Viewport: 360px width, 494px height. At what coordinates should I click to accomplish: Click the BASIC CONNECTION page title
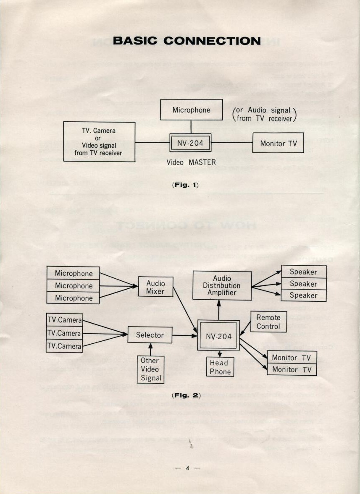tap(187, 41)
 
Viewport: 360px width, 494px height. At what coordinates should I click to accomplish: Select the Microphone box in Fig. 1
tap(192, 110)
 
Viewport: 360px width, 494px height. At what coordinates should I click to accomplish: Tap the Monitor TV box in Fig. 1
tap(279, 144)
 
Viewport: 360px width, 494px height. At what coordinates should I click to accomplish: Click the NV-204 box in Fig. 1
tap(190, 143)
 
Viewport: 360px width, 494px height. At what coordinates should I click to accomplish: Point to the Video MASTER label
tap(191, 162)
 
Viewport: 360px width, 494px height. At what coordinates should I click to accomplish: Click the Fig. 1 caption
tap(185, 185)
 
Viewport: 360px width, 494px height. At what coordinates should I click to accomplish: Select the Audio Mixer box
tap(155, 287)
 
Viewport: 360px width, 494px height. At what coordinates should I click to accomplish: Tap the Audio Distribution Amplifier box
tap(222, 285)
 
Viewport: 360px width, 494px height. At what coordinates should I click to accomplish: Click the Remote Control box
tap(268, 321)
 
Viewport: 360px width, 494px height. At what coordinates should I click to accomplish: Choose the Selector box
tap(150, 335)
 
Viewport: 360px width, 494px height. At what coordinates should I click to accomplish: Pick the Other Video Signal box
tap(151, 369)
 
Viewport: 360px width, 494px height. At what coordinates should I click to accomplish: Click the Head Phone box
tap(220, 367)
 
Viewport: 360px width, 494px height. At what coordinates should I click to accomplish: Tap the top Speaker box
tap(304, 272)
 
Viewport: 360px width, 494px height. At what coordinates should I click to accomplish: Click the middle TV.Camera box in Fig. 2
tap(64, 333)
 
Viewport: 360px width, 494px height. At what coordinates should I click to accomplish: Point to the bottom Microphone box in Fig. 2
tap(73, 298)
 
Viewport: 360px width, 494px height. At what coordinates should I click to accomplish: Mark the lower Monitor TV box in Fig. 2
tap(292, 369)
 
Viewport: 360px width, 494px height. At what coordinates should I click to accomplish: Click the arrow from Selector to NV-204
tap(185, 335)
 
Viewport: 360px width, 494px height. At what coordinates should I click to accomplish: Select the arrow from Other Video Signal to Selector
tap(150, 349)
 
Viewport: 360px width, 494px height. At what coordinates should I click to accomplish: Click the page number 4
tap(187, 468)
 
